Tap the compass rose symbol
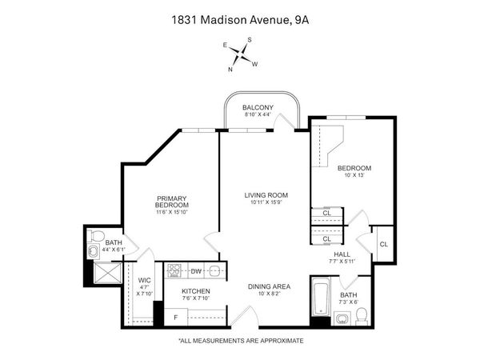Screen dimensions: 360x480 pyautogui.click(x=241, y=54)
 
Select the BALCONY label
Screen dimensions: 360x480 pyautogui.click(x=258, y=107)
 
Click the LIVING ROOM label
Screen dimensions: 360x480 pyautogui.click(x=266, y=195)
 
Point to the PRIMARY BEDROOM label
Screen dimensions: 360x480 pyautogui.click(x=172, y=202)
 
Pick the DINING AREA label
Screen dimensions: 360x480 pyautogui.click(x=268, y=286)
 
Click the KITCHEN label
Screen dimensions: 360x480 pyautogui.click(x=196, y=291)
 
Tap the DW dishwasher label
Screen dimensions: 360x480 pyautogui.click(x=195, y=272)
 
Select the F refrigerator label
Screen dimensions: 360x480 pyautogui.click(x=176, y=318)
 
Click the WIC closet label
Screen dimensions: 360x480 pyautogui.click(x=145, y=281)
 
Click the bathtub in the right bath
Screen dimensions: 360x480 pyautogui.click(x=321, y=297)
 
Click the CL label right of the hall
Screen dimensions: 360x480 pyautogui.click(x=383, y=244)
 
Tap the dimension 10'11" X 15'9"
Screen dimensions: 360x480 pyautogui.click(x=266, y=203)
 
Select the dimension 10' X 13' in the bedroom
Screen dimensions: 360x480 pyautogui.click(x=353, y=176)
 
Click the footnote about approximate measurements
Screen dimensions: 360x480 pyautogui.click(x=241, y=341)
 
